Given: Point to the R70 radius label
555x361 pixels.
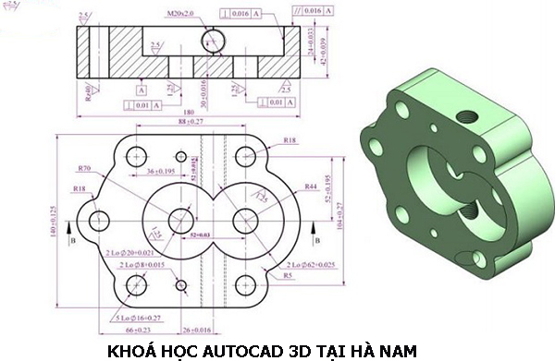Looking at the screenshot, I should pyautogui.click(x=85, y=169).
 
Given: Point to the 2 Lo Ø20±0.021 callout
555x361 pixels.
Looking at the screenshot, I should pyautogui.click(x=129, y=251).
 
